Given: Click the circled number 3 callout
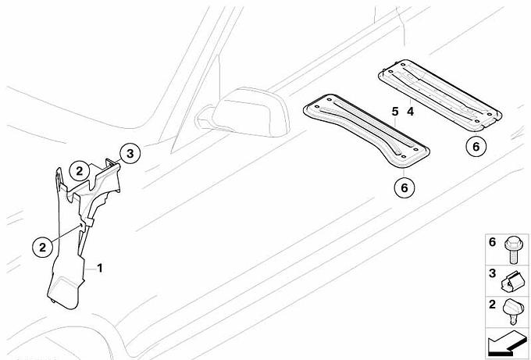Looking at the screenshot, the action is click(x=130, y=154).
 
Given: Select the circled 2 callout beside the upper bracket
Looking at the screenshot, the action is click(x=79, y=171).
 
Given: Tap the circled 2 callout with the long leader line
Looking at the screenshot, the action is click(x=42, y=248).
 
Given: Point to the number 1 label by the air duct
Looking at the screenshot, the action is click(x=100, y=269).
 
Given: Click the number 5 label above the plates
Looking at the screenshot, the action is click(x=395, y=112).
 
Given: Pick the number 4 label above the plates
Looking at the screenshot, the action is click(x=411, y=112).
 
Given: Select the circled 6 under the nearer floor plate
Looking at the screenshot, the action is click(x=404, y=187).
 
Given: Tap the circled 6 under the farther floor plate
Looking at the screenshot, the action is click(x=476, y=147).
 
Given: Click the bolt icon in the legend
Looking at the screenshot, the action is click(x=512, y=250).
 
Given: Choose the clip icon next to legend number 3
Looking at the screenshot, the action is click(x=511, y=282).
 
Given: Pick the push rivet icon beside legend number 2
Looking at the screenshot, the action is click(x=512, y=312).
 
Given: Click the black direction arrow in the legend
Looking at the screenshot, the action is click(x=507, y=343).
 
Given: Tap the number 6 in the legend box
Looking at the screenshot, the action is click(x=493, y=242).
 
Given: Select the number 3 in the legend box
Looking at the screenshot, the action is click(x=493, y=273).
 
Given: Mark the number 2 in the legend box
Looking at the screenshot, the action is click(x=493, y=305).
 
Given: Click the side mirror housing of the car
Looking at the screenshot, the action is click(x=251, y=112).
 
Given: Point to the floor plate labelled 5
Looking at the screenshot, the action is click(x=366, y=130).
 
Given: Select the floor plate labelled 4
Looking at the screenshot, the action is click(x=440, y=94).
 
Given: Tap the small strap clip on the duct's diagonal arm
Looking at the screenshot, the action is click(x=89, y=222).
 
